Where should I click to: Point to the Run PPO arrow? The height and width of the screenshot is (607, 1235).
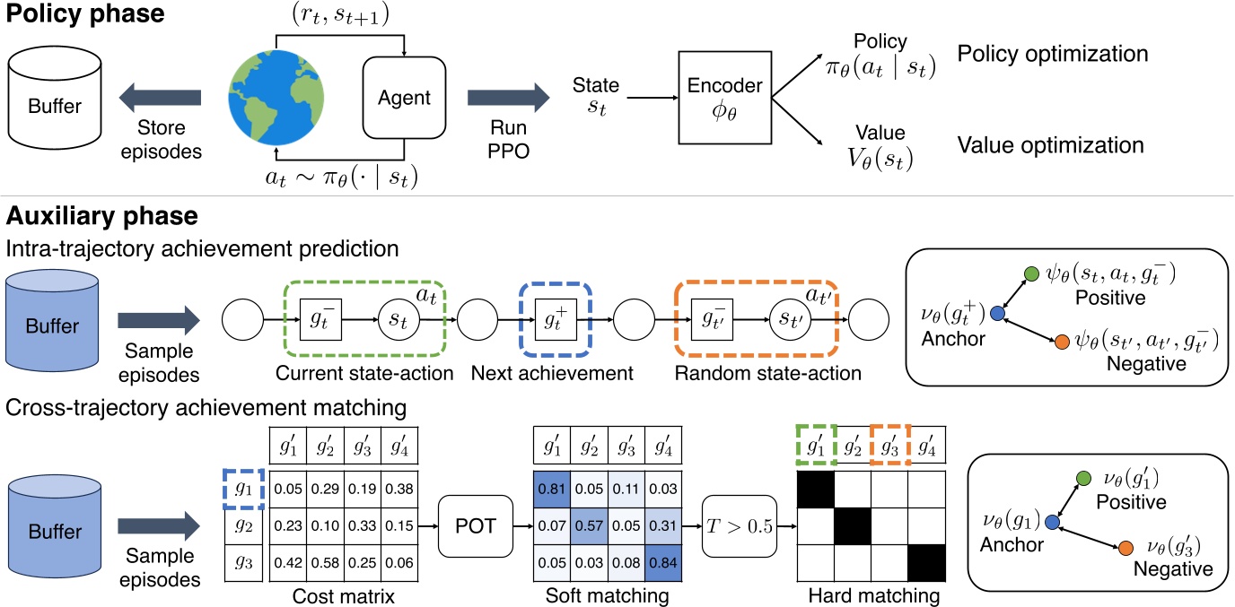[x=508, y=97]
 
